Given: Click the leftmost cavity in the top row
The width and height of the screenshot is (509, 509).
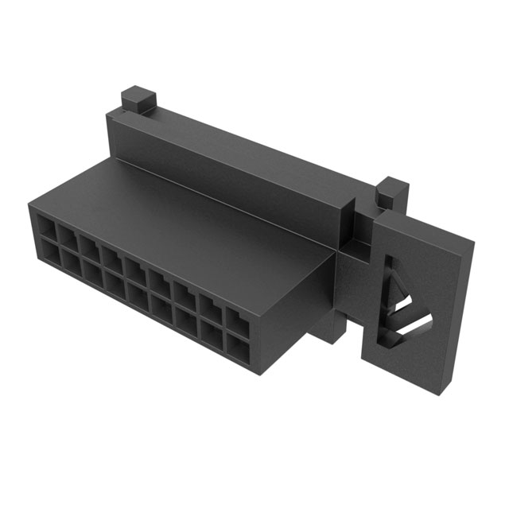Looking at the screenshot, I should (47, 230).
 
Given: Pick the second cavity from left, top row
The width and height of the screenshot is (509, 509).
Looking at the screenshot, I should (68, 239).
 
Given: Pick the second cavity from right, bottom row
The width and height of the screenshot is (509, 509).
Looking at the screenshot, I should (212, 333).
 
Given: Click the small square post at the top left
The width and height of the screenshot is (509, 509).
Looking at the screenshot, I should (138, 100).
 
